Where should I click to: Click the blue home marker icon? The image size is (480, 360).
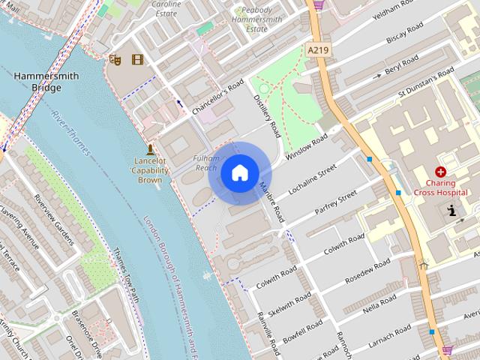pyautogui.click(x=239, y=173)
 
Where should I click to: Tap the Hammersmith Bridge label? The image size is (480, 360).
pyautogui.click(x=36, y=82)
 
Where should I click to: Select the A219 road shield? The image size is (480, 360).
pyautogui.click(x=319, y=49)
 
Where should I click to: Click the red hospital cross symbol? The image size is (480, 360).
pyautogui.click(x=440, y=172)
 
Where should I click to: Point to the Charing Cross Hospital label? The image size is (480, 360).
pyautogui.click(x=446, y=187)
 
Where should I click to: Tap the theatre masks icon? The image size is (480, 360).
pyautogui.click(x=115, y=59)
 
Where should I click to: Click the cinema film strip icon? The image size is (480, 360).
pyautogui.click(x=136, y=59)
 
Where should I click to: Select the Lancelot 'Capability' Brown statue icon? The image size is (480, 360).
pyautogui.click(x=150, y=149)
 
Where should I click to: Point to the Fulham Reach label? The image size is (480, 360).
pyautogui.click(x=205, y=163)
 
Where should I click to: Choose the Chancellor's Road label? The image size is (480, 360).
pyautogui.click(x=218, y=96)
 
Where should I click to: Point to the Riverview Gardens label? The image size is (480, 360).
pyautogui.click(x=55, y=220)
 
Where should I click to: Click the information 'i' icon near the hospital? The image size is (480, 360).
pyautogui.click(x=451, y=211)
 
